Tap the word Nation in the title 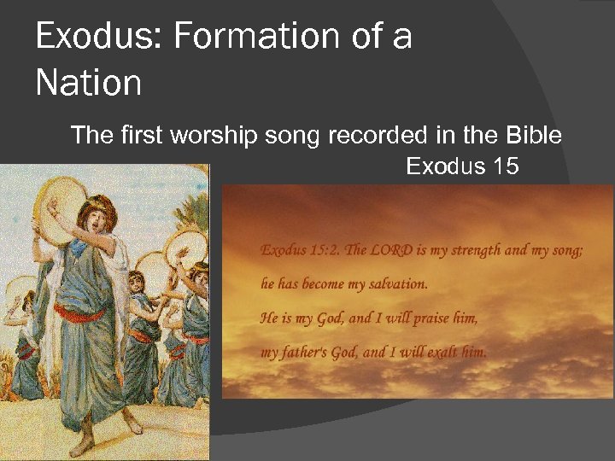[89, 84]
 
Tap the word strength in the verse [482, 250]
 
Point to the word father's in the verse [311, 353]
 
